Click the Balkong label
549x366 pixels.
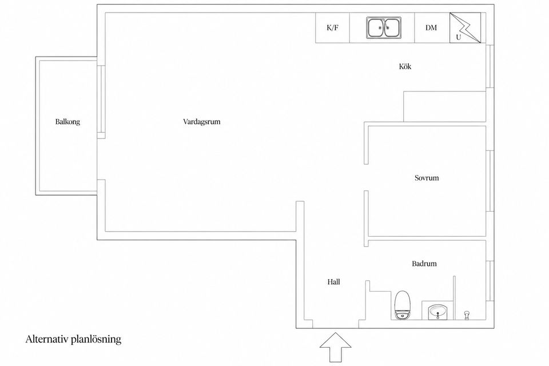pyautogui.click(x=67, y=122)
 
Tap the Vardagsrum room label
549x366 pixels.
pyautogui.click(x=202, y=122)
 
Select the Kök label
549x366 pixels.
pyautogui.click(x=405, y=66)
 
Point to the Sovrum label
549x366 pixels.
pyautogui.click(x=427, y=178)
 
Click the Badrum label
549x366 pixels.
pyautogui.click(x=424, y=264)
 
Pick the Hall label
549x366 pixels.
pyautogui.click(x=333, y=282)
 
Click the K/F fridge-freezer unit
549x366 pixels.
pyautogui.click(x=333, y=27)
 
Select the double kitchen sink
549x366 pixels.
pyautogui.click(x=384, y=27)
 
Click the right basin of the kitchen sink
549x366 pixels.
pyautogui.click(x=392, y=27)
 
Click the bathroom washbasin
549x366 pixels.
pyautogui.click(x=437, y=311)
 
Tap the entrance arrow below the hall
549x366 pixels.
pyautogui.click(x=336, y=347)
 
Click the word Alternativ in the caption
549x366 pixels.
pyautogui.click(x=47, y=339)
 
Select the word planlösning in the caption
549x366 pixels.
pyautogui.click(x=96, y=340)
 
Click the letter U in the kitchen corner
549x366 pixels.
pyautogui.click(x=458, y=37)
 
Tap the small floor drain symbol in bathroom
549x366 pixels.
pyautogui.click(x=467, y=315)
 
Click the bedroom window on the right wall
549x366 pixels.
pyautogui.click(x=490, y=181)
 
